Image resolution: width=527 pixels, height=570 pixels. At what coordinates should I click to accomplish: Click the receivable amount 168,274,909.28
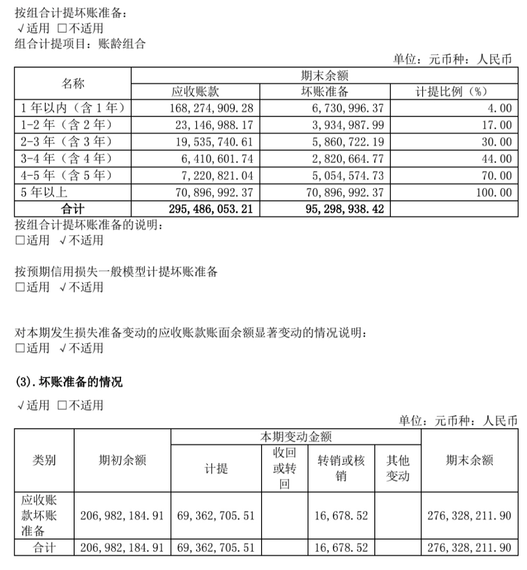211,108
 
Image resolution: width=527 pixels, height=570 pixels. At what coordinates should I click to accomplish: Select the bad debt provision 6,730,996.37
348,108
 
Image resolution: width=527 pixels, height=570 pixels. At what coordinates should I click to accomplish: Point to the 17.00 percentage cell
497,125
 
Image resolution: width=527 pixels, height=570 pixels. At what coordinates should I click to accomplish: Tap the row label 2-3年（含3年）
66,142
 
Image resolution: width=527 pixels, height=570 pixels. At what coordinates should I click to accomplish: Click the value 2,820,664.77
348,159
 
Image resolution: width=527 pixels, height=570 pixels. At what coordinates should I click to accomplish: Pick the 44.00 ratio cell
497,159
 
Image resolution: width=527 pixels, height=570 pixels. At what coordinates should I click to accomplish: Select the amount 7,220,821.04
214,176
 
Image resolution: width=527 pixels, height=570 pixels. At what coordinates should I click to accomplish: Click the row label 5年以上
44,192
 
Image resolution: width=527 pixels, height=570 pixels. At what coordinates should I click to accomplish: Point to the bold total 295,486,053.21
211,209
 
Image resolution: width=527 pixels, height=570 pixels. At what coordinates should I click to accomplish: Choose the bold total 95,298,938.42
345,209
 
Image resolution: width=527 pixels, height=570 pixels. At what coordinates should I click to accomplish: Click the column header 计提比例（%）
451,92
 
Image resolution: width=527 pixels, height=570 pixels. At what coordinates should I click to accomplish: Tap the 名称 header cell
73,83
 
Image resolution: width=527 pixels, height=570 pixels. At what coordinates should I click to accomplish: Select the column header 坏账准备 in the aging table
324,92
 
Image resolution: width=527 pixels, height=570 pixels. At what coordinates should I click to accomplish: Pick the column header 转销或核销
341,468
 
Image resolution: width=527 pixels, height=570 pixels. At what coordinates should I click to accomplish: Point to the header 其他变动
398,468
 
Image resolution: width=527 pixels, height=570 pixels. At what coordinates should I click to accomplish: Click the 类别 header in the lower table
44,460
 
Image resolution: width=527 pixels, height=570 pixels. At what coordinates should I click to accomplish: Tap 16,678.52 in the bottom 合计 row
341,548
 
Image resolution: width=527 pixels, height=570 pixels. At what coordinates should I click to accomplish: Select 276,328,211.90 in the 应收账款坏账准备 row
469,515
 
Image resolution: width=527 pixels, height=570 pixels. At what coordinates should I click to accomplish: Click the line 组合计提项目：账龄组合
81,44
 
